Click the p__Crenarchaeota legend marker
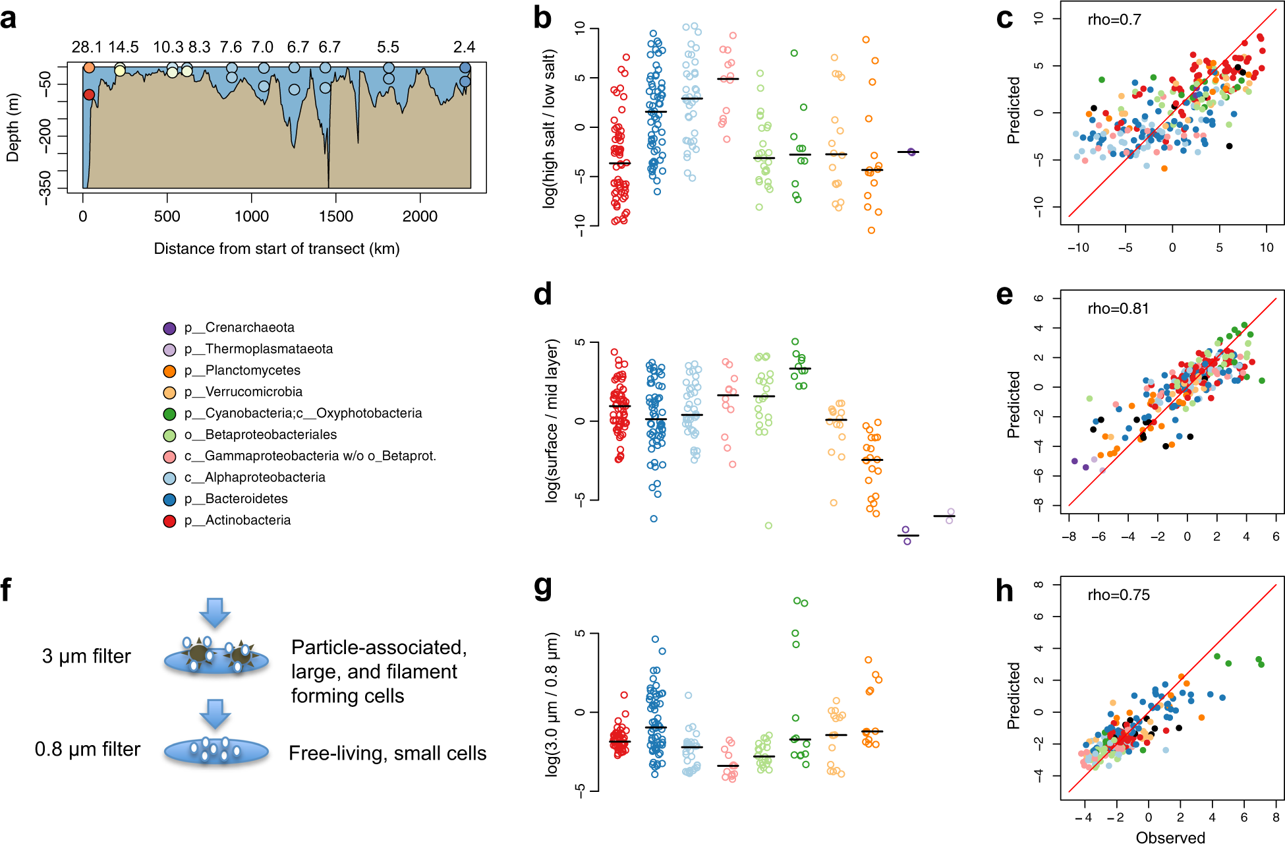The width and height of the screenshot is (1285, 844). tap(169, 328)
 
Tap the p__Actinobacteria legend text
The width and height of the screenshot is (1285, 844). tap(248, 520)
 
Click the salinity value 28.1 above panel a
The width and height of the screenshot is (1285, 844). tap(86, 47)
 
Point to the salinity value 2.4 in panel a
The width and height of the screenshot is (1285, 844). tap(464, 47)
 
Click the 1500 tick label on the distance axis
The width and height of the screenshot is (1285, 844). tap(335, 216)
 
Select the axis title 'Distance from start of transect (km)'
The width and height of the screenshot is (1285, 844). tap(277, 249)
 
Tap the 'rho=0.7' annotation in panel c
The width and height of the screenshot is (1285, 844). tap(1114, 20)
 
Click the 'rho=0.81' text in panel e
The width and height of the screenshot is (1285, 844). tap(1118, 309)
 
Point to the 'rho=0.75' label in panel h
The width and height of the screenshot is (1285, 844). tap(1118, 595)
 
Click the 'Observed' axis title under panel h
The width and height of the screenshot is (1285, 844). tap(1170, 837)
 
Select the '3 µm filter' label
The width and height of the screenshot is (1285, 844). tap(86, 656)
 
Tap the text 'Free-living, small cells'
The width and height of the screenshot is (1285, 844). tap(387, 753)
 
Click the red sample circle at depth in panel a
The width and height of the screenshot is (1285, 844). tap(89, 95)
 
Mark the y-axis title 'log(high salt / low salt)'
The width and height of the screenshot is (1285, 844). tap(549, 129)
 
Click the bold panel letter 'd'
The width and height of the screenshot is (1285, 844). tap(542, 294)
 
